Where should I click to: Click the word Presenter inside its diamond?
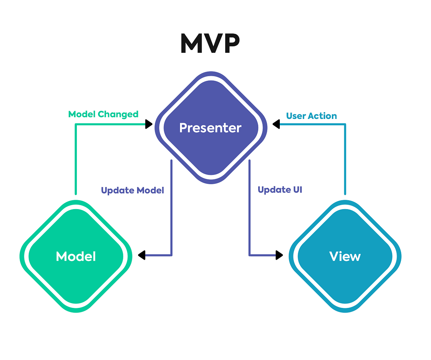tap(210, 128)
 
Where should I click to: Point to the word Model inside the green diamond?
tap(76, 257)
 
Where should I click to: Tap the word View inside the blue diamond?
tap(345, 257)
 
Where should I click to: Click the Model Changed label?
tap(103, 114)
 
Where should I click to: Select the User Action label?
tap(311, 116)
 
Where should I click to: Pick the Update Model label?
tap(132, 190)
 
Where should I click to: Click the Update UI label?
tap(280, 190)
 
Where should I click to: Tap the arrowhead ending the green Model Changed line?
tap(149, 124)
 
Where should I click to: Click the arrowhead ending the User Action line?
tap(276, 124)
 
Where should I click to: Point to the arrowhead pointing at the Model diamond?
tap(142, 255)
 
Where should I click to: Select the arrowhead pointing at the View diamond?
tap(279, 255)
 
